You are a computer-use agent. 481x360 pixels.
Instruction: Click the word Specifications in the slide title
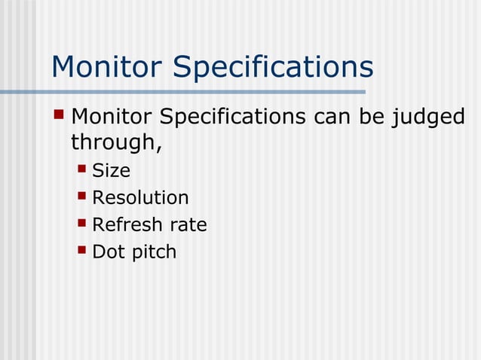click(273, 69)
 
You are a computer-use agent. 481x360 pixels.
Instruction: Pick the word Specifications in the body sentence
click(228, 120)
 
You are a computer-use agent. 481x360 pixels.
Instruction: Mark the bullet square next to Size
click(82, 169)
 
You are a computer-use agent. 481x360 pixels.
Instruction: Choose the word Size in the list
click(111, 171)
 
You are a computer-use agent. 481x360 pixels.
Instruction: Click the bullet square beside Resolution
click(82, 197)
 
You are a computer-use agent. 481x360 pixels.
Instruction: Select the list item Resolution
click(140, 198)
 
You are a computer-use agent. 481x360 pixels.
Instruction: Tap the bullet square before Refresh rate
click(82, 223)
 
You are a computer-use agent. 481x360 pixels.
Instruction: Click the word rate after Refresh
click(188, 225)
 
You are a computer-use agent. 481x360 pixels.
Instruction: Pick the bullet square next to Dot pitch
click(82, 250)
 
